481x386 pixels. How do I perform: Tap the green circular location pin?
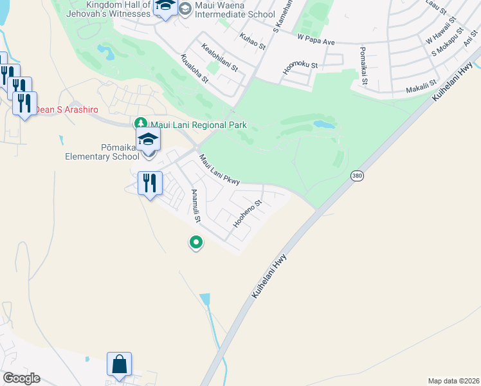click(x=196, y=243)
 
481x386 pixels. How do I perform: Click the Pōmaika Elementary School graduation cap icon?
click(x=149, y=139)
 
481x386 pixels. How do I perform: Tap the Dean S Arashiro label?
click(x=62, y=109)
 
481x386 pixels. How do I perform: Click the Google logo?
click(x=21, y=378)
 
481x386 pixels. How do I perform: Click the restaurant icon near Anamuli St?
click(x=149, y=183)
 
